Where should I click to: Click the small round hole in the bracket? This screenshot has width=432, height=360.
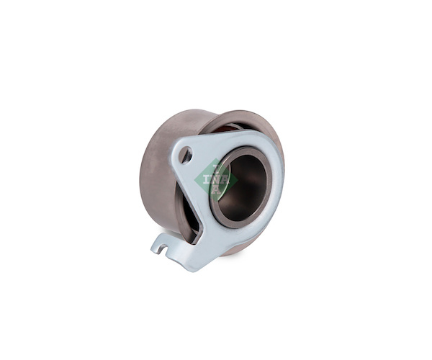(186, 155)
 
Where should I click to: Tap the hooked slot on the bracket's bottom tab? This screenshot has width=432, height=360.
(165, 247)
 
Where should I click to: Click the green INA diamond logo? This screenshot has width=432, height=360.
(216, 179)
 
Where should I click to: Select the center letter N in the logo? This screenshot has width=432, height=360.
(216, 179)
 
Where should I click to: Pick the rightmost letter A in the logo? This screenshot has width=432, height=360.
(225, 179)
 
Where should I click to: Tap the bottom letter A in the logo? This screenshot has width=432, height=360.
(216, 189)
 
